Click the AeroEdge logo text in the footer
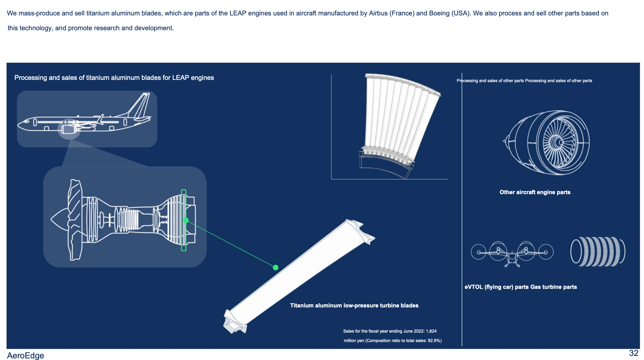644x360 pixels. coord(25,355)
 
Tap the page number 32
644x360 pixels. coord(633,353)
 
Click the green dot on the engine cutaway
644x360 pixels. coord(186,220)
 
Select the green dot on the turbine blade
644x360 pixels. coord(276,267)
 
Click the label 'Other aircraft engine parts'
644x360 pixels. coord(535,192)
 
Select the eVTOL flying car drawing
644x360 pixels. coord(512,253)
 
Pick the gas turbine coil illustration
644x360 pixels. coord(597,251)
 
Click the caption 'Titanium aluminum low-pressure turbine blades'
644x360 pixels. coord(354,306)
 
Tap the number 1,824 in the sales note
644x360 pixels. coord(431,331)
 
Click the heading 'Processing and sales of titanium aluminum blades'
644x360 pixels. coord(114,78)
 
